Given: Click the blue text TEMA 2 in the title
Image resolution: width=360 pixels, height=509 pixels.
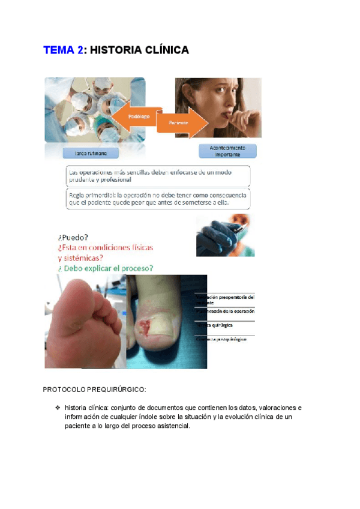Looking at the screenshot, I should (x=63, y=50).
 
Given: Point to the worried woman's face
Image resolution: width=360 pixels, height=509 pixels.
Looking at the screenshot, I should (x=227, y=103).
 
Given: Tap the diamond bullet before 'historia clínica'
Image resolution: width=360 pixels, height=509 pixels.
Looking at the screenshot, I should (x=58, y=408).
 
